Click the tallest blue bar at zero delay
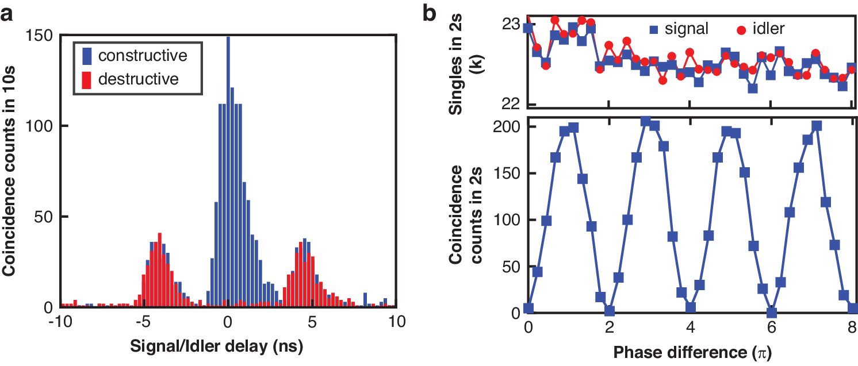tap(228, 172)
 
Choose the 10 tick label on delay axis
tap(395, 321)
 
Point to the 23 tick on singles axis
tap(511, 26)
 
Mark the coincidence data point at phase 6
tap(772, 313)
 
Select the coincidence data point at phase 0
tap(528, 309)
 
